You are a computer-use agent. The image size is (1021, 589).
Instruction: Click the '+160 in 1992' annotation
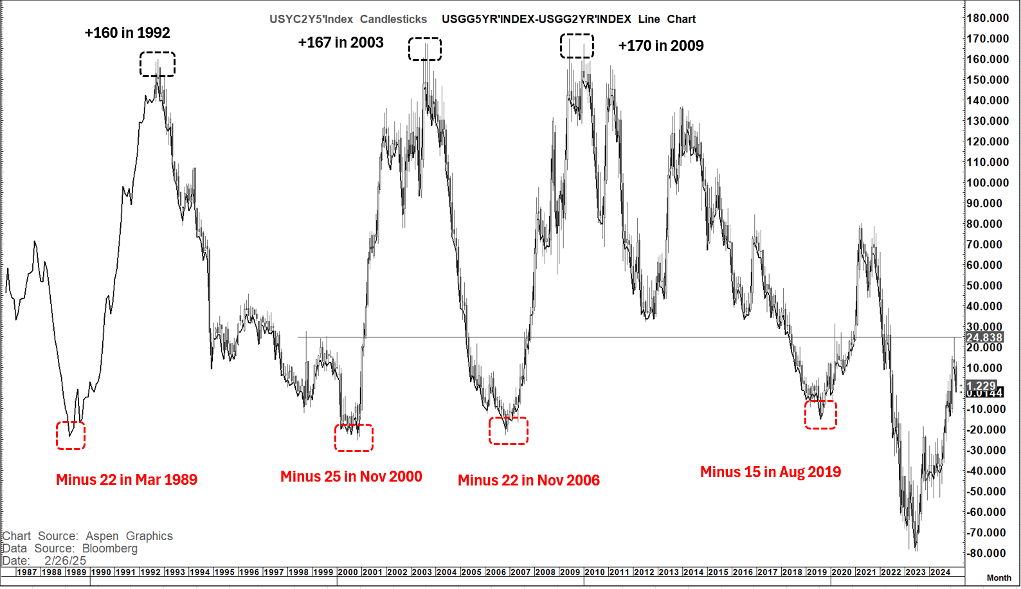coord(127,33)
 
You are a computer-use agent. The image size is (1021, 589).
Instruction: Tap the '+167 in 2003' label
coord(341,42)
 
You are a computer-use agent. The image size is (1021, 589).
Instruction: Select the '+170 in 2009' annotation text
coord(661,46)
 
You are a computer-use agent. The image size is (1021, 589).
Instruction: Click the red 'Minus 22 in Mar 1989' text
coord(127,480)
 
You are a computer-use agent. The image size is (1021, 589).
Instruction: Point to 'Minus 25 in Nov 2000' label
coord(351,476)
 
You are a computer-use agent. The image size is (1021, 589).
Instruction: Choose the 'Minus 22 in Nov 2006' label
coord(529,480)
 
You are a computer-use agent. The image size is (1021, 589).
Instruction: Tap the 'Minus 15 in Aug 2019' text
coord(770,472)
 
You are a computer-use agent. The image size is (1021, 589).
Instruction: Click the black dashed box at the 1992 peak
coord(158,64)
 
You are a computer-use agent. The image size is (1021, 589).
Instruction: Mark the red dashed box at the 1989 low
coord(71,436)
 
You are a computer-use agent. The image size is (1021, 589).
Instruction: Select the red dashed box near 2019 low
coord(820,415)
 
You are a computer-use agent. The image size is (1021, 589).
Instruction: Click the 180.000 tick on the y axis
coord(988,18)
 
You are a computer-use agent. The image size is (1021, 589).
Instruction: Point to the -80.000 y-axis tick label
coord(986,553)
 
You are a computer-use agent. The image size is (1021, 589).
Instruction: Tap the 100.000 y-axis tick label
coord(988,183)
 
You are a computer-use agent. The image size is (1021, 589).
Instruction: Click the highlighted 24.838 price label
coord(984,338)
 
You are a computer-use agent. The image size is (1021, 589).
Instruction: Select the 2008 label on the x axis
coord(545,572)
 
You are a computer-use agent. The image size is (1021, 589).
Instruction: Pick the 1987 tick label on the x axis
coord(26,572)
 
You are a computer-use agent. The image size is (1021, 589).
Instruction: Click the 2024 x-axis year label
coord(940,572)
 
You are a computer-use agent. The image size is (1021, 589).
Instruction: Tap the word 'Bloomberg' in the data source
coord(109,548)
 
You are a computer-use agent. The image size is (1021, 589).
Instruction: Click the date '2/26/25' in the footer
coord(65,561)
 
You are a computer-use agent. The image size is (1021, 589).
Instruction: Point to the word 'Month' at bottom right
coord(998,578)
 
